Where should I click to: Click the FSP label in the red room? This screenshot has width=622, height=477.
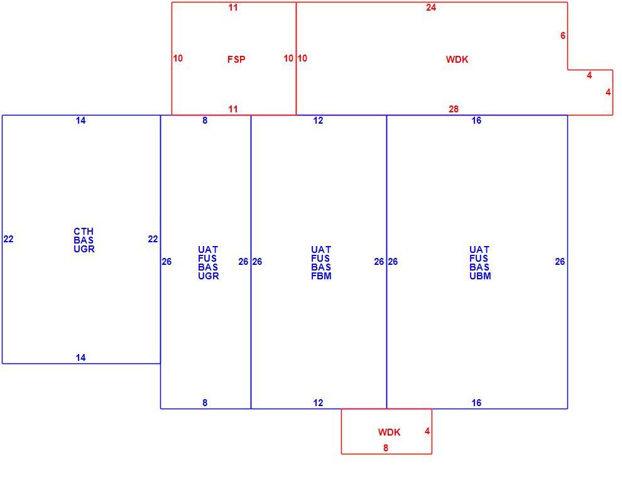click(236, 60)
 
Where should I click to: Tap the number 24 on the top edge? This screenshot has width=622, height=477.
click(431, 8)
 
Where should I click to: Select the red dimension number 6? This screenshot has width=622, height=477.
click(563, 36)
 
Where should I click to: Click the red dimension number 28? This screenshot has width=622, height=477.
click(454, 109)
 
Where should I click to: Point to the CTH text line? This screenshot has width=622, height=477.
click(84, 232)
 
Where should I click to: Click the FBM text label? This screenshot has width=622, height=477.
click(321, 276)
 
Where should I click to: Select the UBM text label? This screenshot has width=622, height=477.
click(480, 276)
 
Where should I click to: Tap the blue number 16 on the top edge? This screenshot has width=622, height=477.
click(476, 121)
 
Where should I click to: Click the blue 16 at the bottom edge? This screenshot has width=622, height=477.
click(476, 403)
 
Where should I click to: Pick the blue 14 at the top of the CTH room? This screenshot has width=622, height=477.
click(80, 121)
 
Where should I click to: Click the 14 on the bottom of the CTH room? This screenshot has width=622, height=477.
click(80, 358)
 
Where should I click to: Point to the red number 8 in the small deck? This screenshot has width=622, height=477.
click(386, 448)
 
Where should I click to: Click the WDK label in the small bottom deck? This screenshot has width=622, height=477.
click(389, 432)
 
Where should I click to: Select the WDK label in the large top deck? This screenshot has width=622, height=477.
click(457, 60)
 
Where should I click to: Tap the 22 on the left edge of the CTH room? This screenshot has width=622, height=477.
click(8, 239)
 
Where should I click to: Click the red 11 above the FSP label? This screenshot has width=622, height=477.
click(233, 8)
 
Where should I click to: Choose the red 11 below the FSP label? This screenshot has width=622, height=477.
click(233, 109)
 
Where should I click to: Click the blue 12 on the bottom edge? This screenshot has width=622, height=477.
click(318, 403)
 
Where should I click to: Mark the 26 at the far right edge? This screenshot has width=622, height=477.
click(560, 262)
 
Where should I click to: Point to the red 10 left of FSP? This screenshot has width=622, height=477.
click(178, 58)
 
